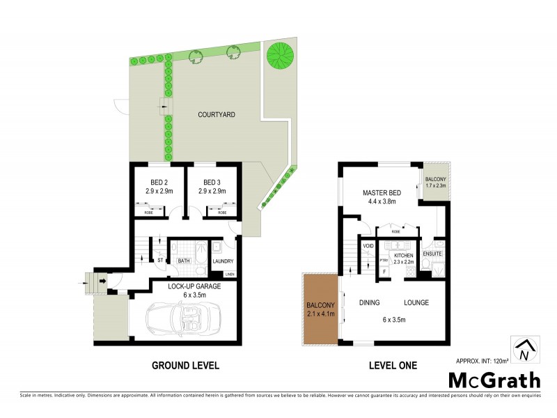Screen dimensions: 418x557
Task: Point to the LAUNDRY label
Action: pos(222,261)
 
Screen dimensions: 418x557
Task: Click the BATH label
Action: pos(184,261)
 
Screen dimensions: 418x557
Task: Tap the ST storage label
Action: pos(159,261)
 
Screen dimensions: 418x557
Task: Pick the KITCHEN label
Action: pos(404,256)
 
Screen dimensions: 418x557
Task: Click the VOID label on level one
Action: pos(368,245)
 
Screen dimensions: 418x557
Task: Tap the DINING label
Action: pos(368,302)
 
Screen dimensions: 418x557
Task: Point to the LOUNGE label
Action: pos(416,302)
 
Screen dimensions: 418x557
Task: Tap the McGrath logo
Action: pos(494,380)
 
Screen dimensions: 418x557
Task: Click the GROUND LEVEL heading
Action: pos(186,365)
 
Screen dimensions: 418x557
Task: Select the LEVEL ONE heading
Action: pos(392,365)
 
